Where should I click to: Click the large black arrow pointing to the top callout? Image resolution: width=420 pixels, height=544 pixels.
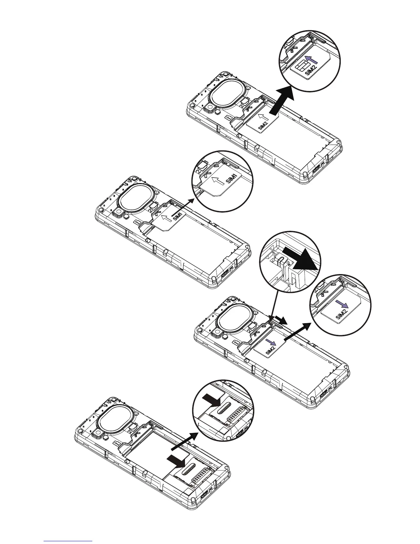[x=282, y=101]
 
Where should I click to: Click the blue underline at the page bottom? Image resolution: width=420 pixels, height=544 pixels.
[x=68, y=540]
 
